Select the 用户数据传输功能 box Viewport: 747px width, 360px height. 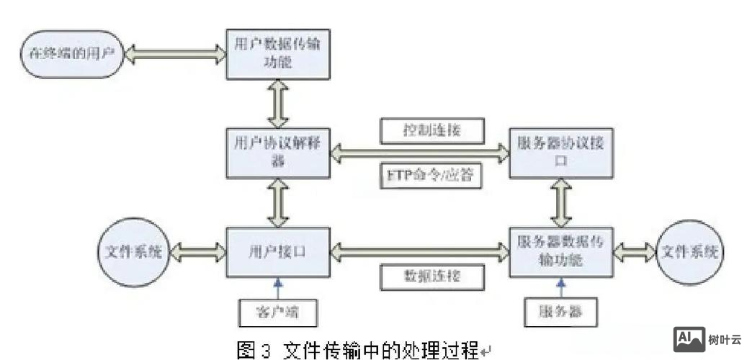(278, 53)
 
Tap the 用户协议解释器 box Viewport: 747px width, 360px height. (278, 152)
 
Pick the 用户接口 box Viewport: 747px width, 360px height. (278, 252)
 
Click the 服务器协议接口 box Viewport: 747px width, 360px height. (561, 152)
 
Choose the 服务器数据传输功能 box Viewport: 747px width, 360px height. (561, 252)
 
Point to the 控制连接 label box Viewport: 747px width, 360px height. (431, 130)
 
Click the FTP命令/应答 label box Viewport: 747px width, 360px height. (431, 175)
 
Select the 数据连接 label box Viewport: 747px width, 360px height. (431, 276)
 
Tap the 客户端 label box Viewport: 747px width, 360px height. (277, 312)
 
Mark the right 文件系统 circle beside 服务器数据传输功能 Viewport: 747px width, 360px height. (690, 252)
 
